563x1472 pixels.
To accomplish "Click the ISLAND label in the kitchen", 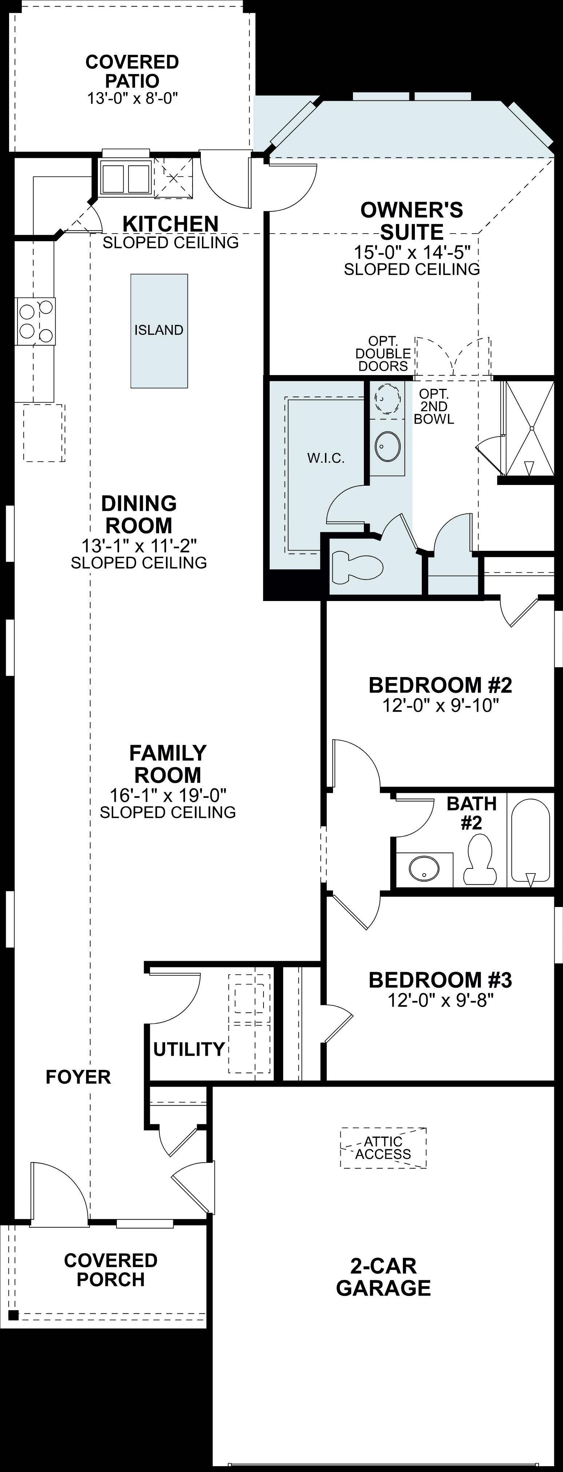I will point(159,330).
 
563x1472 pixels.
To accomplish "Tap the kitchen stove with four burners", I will point(35,321).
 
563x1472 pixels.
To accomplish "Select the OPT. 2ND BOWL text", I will point(434,406).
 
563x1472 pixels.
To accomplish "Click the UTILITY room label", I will point(189,1049).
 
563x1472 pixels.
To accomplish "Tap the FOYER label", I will point(78,1077).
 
